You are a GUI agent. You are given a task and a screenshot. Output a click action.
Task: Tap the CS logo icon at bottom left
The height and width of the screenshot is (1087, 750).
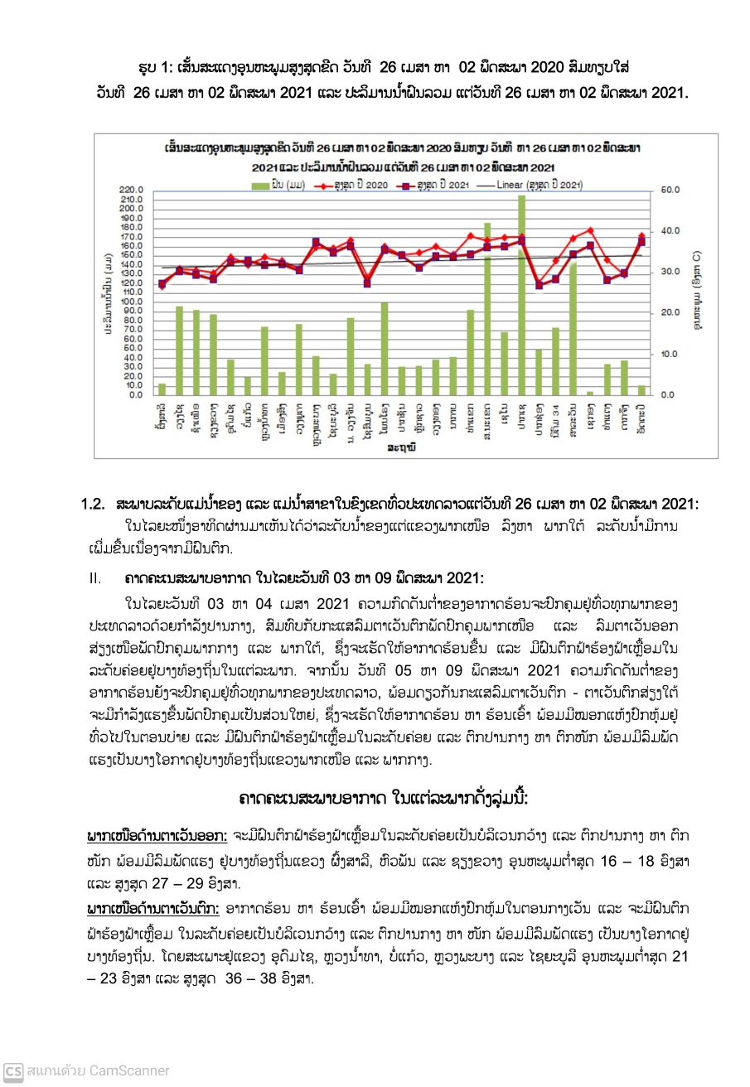point(13,1070)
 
